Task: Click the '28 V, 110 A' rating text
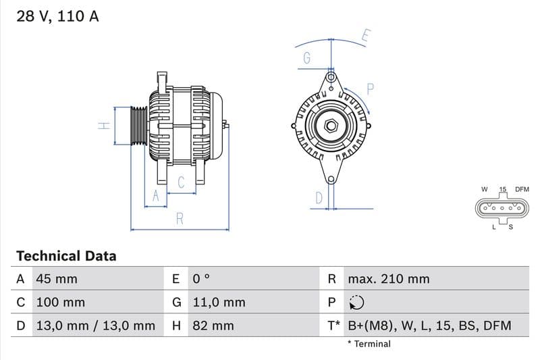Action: coord(57,16)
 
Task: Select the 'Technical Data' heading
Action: coord(66,256)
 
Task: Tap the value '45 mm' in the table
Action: coord(56,279)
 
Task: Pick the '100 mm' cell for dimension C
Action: coord(59,303)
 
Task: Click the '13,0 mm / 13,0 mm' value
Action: coord(94,326)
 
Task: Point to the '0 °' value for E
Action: coord(202,279)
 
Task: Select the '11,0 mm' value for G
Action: coord(219,303)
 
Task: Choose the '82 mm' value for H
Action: coord(213,326)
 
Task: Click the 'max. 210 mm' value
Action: coord(388,279)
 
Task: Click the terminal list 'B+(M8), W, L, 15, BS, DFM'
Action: coord(429,326)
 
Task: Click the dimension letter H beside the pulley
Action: coord(103,126)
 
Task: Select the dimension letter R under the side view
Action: coord(180,219)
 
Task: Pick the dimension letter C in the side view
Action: coord(181,182)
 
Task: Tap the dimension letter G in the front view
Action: coord(306,59)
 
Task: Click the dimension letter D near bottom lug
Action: coord(319,197)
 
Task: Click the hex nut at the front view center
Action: coord(331,126)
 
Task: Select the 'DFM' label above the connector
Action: coord(522,190)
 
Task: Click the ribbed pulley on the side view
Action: coord(138,126)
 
